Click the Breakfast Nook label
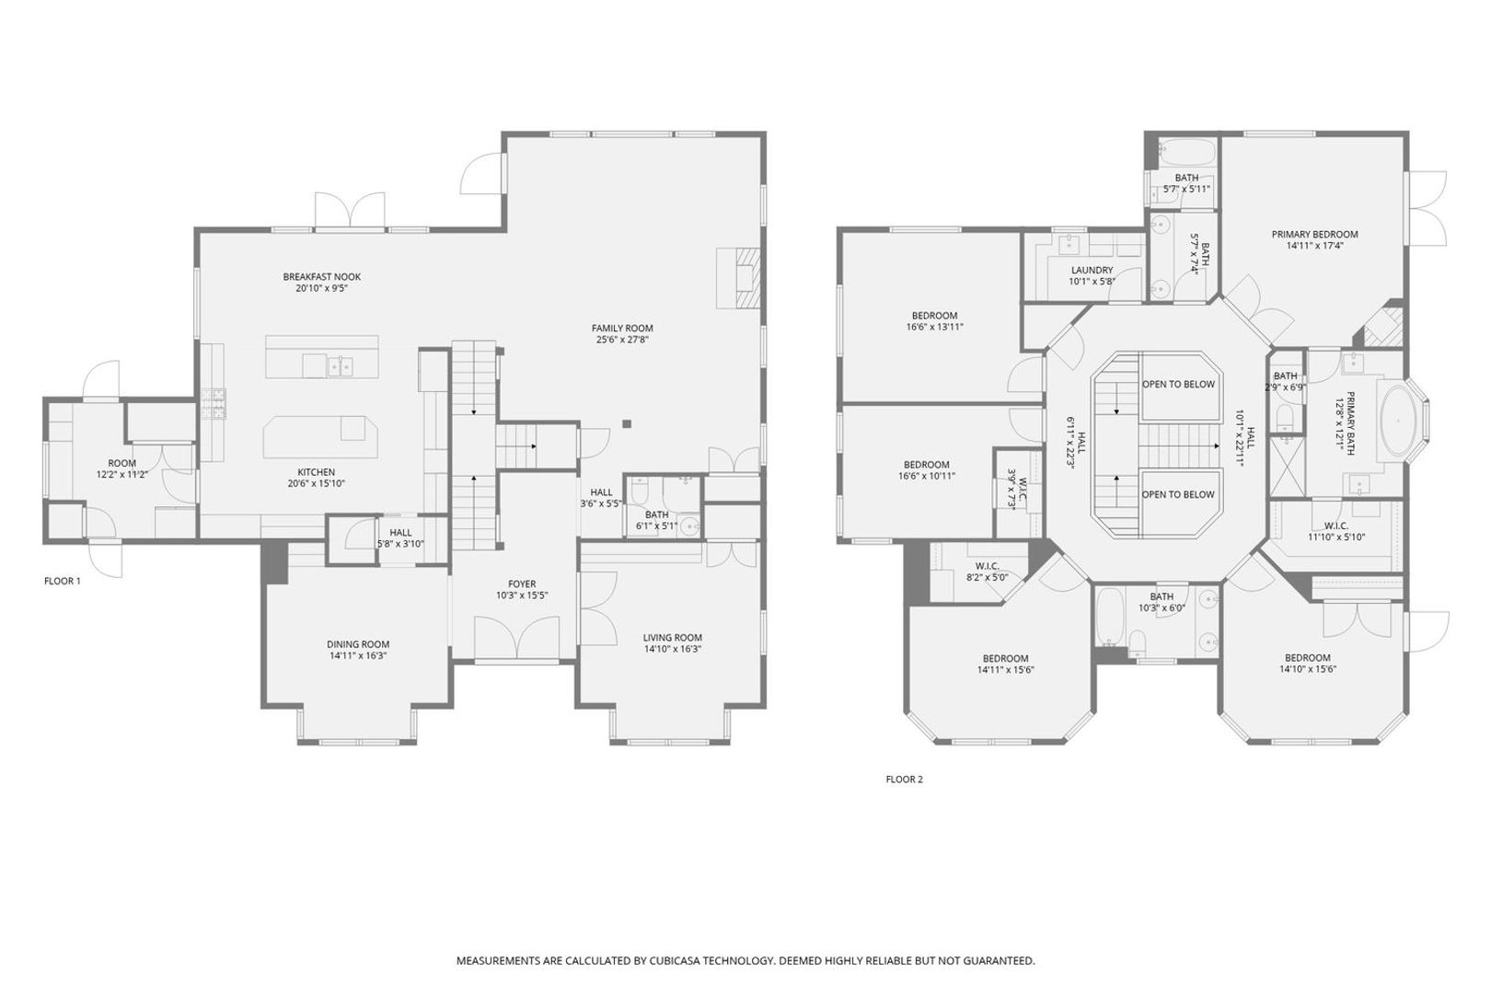(x=321, y=277)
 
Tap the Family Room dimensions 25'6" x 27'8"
(x=622, y=340)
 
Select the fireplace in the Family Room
(x=738, y=278)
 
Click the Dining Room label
(x=358, y=644)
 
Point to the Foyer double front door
(x=516, y=638)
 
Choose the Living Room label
(x=672, y=638)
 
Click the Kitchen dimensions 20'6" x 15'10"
(x=317, y=484)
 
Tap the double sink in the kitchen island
(x=341, y=366)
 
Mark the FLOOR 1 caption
(x=63, y=582)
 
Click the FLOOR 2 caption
(x=905, y=780)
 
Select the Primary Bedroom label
(x=1314, y=235)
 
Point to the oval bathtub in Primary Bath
(x=1398, y=421)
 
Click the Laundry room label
(x=1092, y=271)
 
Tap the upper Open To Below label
(x=1178, y=384)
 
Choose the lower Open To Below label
(x=1178, y=494)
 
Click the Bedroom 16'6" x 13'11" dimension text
(x=934, y=327)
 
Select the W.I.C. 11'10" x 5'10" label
(x=1336, y=531)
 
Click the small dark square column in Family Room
(x=627, y=423)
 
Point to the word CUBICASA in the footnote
(x=676, y=961)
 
